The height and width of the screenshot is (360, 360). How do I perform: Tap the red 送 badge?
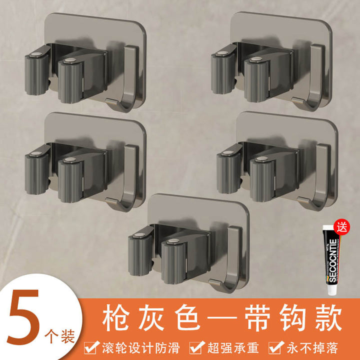tap(341, 227)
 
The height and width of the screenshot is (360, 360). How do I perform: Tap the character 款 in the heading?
tap(328, 317)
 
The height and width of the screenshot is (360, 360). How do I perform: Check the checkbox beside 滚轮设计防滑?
tap(91, 347)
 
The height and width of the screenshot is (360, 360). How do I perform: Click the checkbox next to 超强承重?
tap(196, 347)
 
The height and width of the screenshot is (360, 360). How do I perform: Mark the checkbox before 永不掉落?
tap(275, 347)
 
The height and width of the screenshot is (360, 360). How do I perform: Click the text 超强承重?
tap(233, 348)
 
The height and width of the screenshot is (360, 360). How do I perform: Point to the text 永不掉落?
tap(312, 348)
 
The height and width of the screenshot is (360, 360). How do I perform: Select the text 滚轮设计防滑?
tap(141, 348)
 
